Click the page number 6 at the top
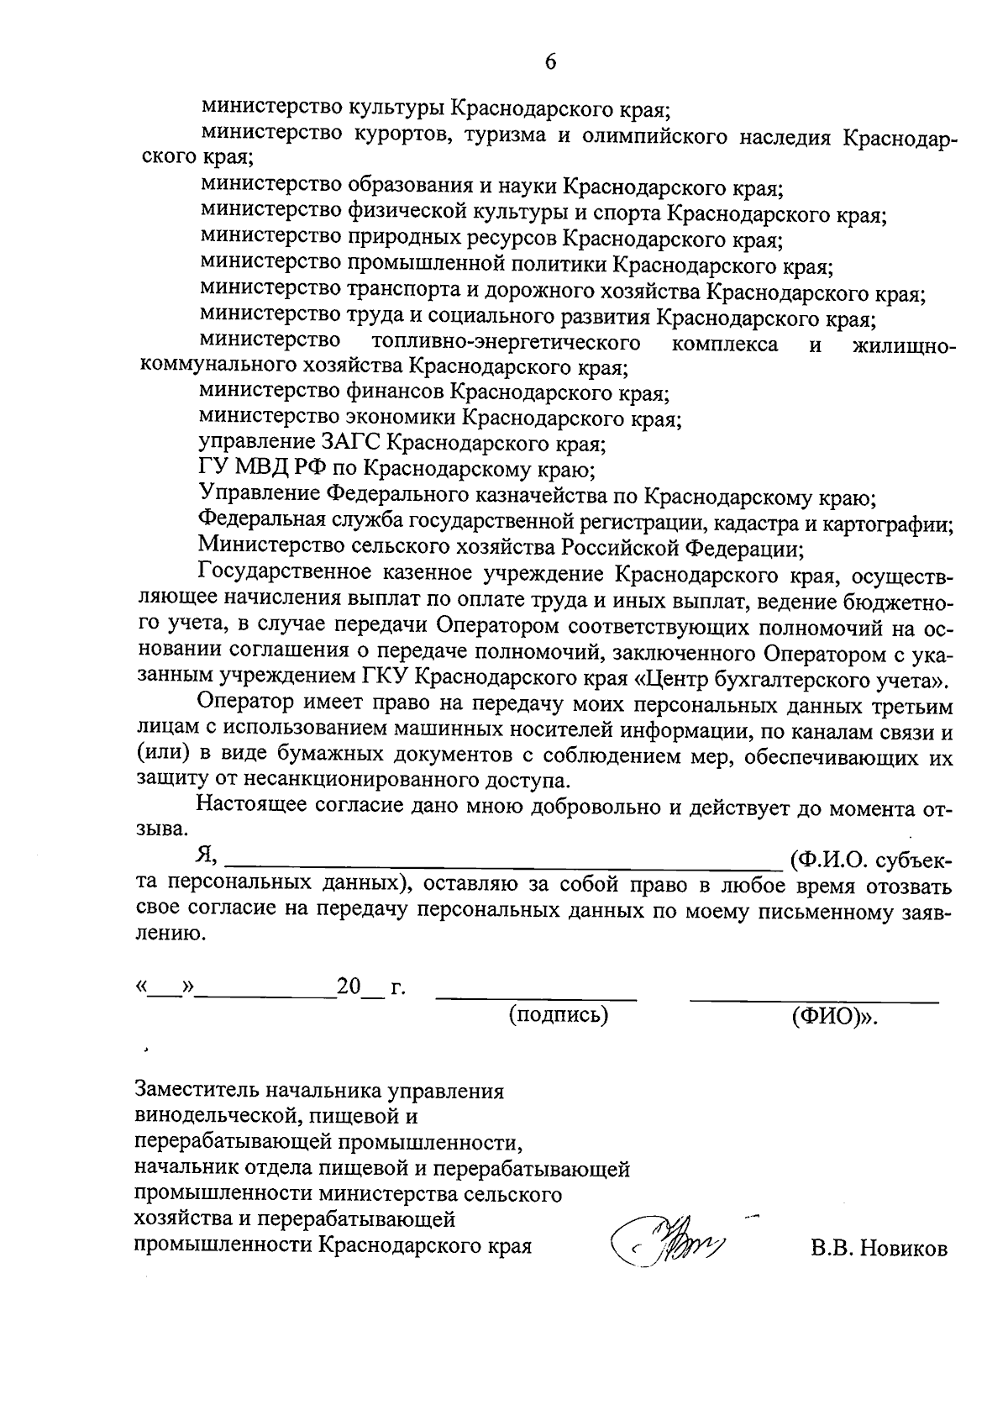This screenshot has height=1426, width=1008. pos(550,62)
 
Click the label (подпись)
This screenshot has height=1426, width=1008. pos(559,1015)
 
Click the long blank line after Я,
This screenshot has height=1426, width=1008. pos(504,863)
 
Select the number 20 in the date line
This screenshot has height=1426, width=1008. pos(348,987)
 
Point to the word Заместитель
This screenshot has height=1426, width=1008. pos(197,1092)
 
